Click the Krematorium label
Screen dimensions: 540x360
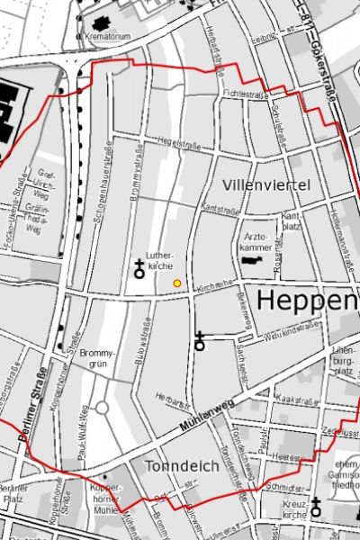(x=106, y=36)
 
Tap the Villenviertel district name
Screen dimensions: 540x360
(x=265, y=184)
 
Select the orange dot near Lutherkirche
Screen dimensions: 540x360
(x=176, y=283)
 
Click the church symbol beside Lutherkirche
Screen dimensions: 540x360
(x=139, y=265)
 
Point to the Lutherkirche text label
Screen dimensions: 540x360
(x=159, y=261)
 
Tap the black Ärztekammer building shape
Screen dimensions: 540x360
(x=253, y=259)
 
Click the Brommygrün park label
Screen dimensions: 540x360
(x=97, y=360)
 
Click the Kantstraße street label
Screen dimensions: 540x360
(x=220, y=208)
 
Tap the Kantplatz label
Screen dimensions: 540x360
(x=290, y=221)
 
